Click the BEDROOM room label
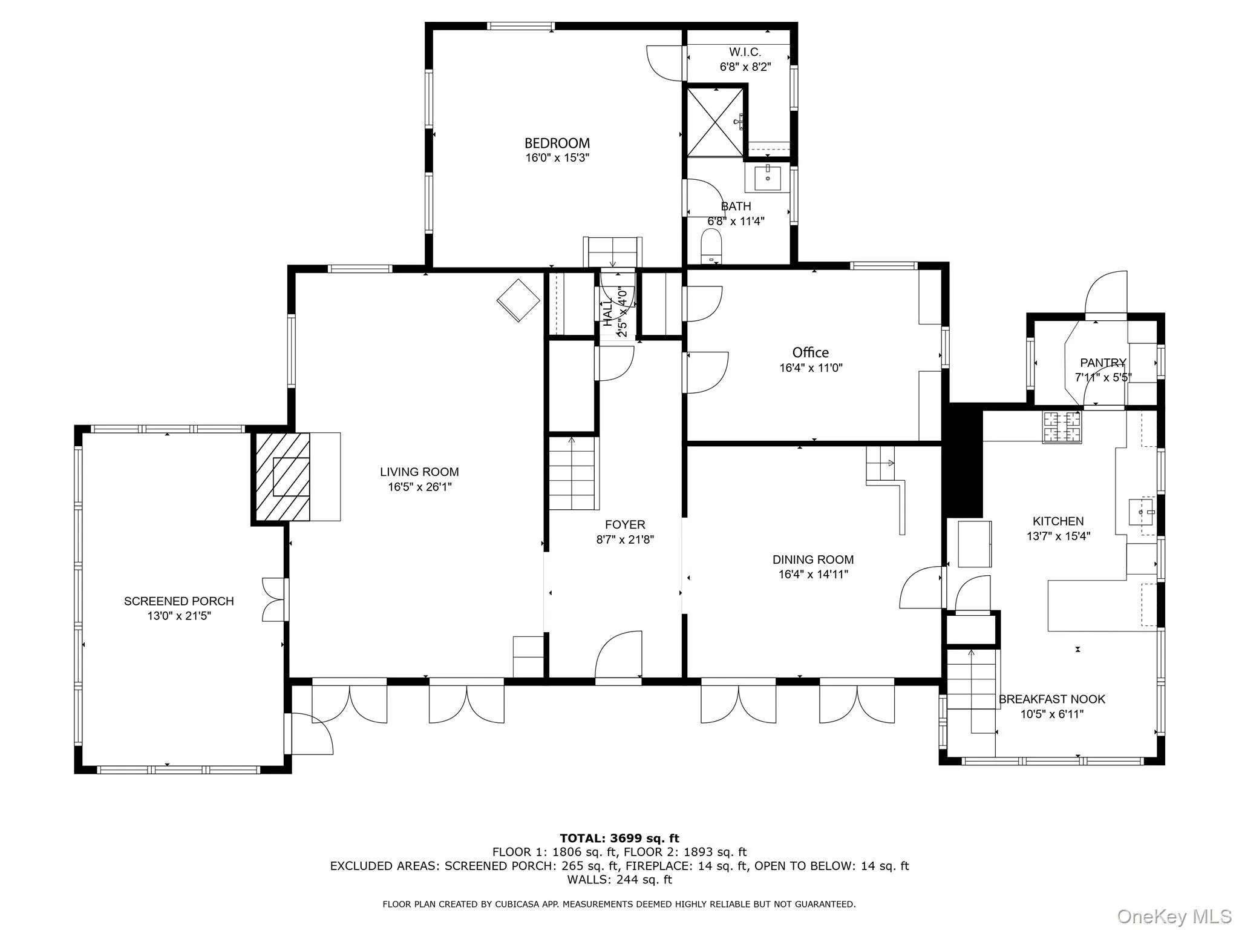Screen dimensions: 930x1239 tap(557, 143)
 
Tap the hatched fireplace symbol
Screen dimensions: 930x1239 tap(282, 477)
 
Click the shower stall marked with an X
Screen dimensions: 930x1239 tap(715, 122)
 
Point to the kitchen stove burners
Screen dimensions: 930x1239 tap(1062, 426)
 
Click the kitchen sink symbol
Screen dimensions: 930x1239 tap(1142, 512)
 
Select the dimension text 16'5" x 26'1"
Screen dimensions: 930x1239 tap(420, 487)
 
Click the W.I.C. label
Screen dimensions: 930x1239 tap(745, 53)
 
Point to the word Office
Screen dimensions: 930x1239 tap(810, 352)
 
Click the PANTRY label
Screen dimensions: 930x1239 tap(1103, 363)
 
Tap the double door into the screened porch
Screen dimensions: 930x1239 tap(274, 599)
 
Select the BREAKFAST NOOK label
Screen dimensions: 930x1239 tap(1051, 699)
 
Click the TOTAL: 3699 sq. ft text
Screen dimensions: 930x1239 tap(619, 839)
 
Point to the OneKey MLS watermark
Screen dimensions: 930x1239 tap(1174, 916)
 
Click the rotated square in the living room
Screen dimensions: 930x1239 tap(518, 300)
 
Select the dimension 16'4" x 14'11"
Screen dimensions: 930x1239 tap(813, 575)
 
